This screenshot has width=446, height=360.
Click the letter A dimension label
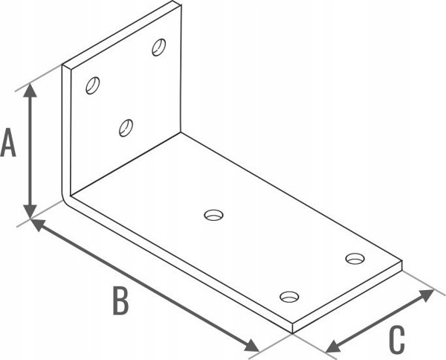(8, 142)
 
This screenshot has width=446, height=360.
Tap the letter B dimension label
(121, 300)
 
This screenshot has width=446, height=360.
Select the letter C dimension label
(397, 340)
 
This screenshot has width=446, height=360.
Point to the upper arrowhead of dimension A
(30, 90)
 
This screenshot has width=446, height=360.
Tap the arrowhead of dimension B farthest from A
(251, 346)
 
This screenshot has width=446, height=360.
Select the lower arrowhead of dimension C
(334, 347)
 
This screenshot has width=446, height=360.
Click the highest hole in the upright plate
(159, 48)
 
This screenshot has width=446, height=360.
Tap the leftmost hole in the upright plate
(93, 86)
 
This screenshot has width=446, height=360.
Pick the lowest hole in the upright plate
(126, 128)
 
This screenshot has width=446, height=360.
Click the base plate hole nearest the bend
(213, 215)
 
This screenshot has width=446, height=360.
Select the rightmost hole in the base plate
(355, 258)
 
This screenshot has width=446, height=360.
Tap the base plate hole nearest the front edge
(290, 297)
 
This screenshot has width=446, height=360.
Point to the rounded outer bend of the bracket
(65, 199)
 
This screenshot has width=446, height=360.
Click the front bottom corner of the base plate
(292, 333)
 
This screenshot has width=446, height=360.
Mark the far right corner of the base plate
(402, 260)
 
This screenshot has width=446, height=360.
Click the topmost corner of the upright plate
(173, 1)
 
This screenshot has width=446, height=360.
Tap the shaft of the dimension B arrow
(144, 285)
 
